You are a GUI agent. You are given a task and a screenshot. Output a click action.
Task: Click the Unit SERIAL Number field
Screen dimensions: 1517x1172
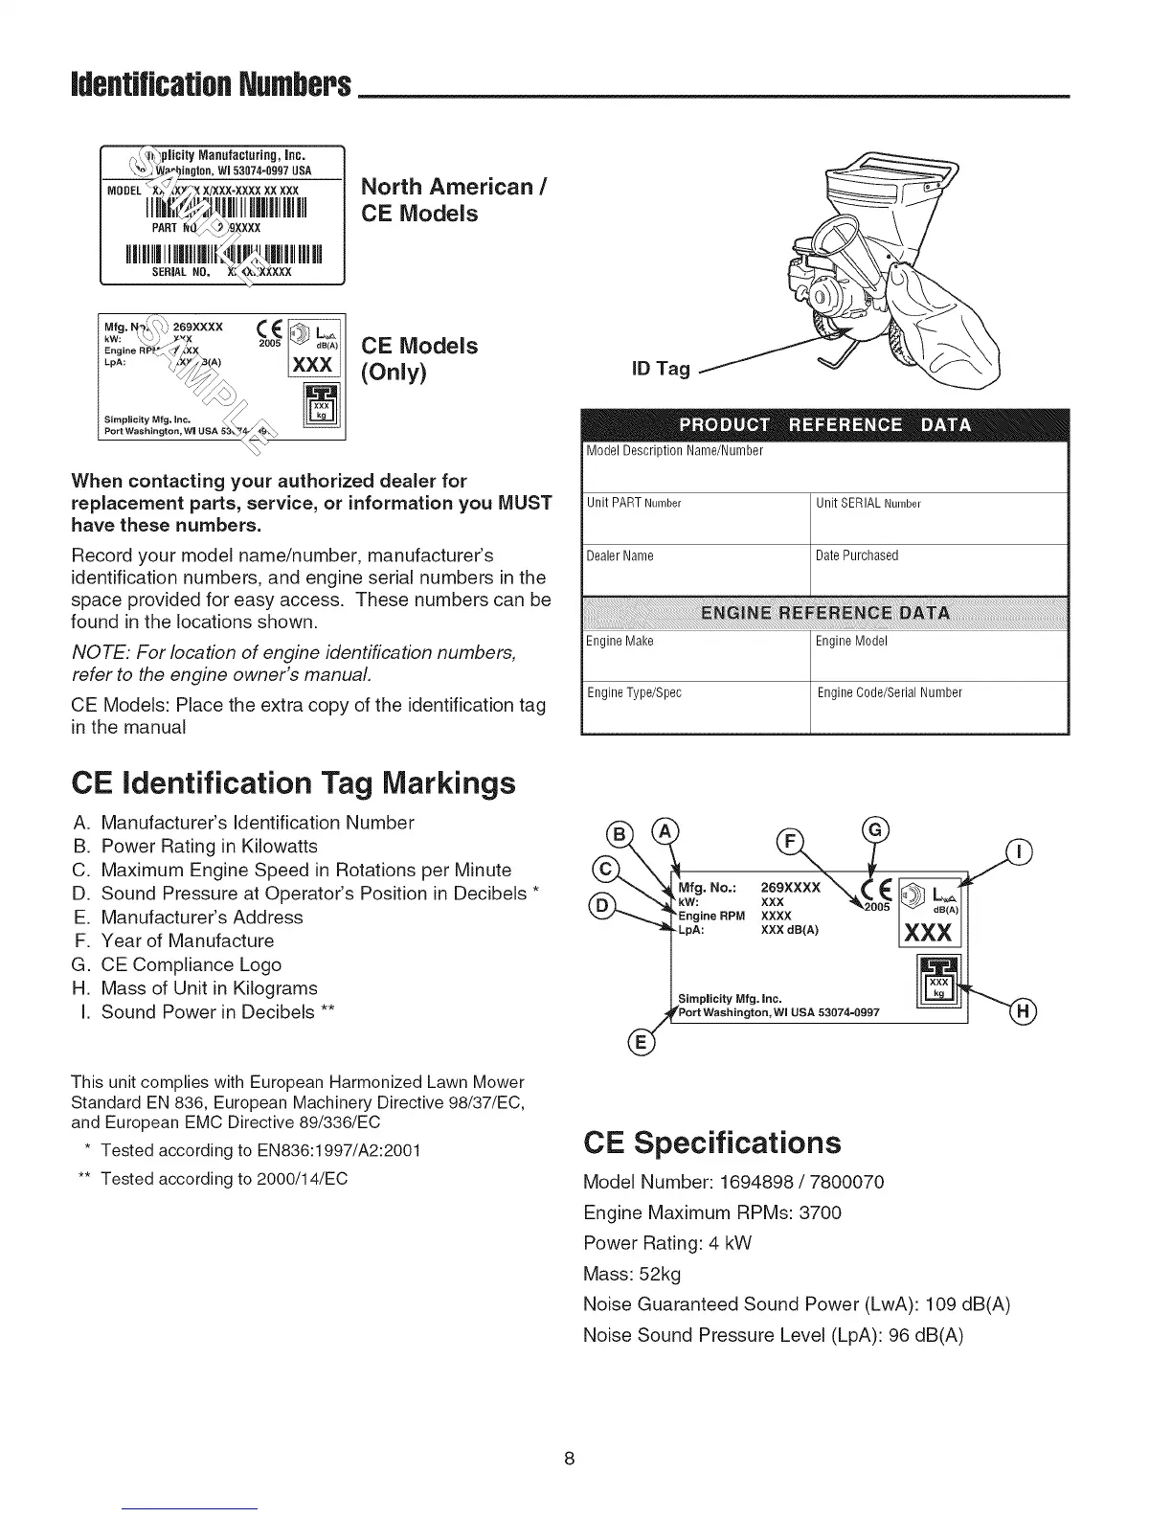click(938, 518)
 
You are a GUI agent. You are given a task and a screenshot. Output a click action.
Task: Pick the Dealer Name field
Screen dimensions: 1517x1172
click(695, 570)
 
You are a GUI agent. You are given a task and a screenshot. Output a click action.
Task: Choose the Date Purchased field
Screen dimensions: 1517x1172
click(938, 570)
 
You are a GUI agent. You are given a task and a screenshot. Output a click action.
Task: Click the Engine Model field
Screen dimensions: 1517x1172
click(938, 656)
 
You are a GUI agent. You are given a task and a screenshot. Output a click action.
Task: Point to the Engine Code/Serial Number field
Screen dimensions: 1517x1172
click(938, 708)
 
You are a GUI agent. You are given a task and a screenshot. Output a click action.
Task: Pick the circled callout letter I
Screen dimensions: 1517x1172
click(1022, 851)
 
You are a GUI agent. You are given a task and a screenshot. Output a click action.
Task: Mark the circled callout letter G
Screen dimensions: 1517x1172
click(875, 830)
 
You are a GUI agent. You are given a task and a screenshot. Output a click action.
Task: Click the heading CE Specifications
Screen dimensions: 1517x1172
click(711, 1143)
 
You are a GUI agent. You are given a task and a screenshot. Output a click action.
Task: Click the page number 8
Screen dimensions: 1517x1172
click(569, 1460)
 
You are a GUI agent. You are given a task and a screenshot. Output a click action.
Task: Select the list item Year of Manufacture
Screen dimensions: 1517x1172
click(187, 940)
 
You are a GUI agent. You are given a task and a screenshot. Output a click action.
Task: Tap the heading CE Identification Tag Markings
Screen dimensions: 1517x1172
click(294, 782)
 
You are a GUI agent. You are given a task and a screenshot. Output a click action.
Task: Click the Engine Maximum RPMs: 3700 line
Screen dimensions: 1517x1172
click(711, 1212)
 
